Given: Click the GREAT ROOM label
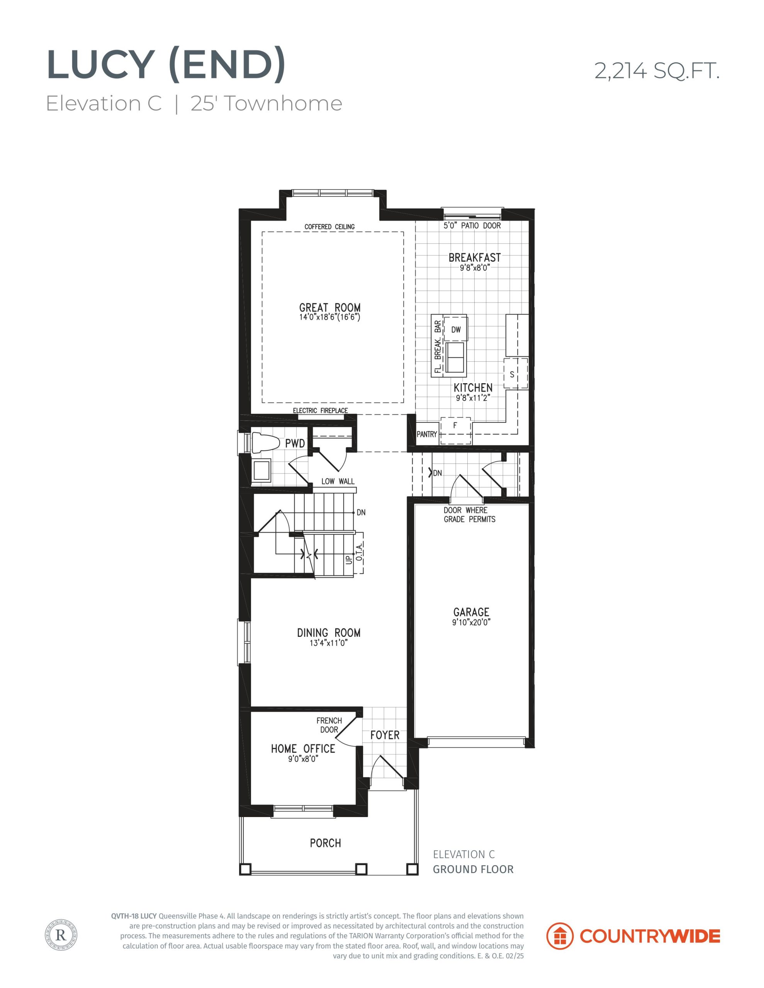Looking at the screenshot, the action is [330, 308].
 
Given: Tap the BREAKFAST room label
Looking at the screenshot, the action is [475, 257].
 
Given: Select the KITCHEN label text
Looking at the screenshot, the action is [473, 388].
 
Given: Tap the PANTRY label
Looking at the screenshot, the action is [426, 434].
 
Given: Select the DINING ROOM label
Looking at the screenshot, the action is [329, 633].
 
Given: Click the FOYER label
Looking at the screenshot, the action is [385, 735].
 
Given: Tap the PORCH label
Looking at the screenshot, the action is [326, 843].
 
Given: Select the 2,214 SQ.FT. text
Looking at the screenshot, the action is [657, 71].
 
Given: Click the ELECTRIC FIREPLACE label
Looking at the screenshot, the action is [320, 411].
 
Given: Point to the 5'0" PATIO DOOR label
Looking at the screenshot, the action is [472, 225].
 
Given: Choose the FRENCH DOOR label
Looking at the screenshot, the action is [329, 725].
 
